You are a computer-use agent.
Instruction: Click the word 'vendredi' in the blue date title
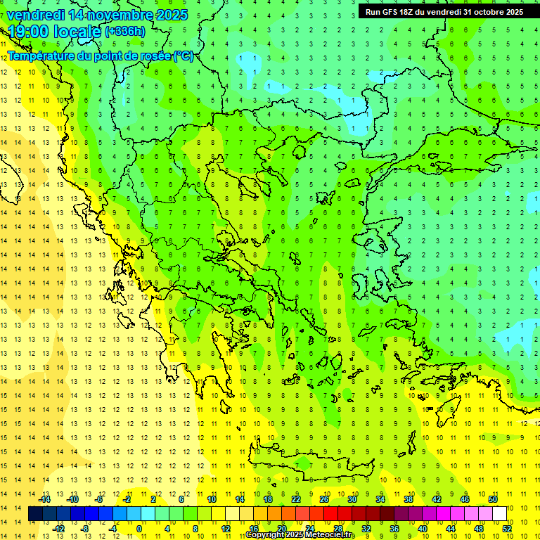pos(36,15)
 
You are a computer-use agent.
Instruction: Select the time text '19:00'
pos(27,32)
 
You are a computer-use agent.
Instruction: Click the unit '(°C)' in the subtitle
pos(184,56)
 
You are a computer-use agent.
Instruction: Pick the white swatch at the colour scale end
pos(500,514)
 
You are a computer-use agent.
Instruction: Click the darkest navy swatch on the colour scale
pos(35,514)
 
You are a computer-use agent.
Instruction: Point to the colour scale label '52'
pos(508,529)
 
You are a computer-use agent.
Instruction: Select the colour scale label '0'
pos(139,529)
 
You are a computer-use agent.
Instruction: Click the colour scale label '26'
pos(324,499)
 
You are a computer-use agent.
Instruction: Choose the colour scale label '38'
pos(409,499)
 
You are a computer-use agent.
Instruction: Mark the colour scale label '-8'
pos(84,529)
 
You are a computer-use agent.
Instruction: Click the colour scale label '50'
pos(493,499)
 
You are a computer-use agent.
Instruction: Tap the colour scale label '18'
pos(268,499)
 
